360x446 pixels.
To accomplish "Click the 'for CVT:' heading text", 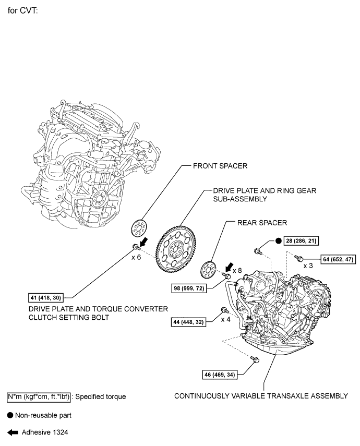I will pyautogui.click(x=26, y=9).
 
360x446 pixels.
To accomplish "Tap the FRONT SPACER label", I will pyautogui.click(x=220, y=166).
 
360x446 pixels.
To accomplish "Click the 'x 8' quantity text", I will pyautogui.click(x=236, y=270).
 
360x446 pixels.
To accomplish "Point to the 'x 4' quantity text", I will pyautogui.click(x=226, y=319).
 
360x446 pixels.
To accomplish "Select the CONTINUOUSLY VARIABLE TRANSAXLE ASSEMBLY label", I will pyautogui.click(x=261, y=396).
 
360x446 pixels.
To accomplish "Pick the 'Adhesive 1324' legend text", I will pyautogui.click(x=44, y=432).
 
